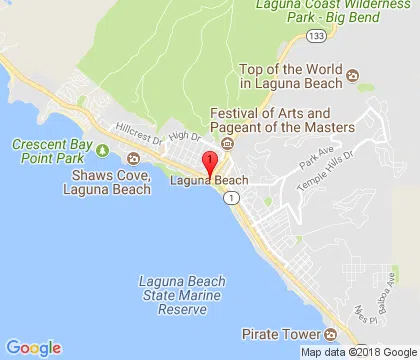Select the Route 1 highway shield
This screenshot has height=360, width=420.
coord(232,199)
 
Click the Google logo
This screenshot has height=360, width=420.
coord(33,348)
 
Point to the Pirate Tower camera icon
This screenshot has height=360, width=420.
coord(330,333)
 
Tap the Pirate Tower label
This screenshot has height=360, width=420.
coord(282,333)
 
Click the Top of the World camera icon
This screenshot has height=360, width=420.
coord(366,76)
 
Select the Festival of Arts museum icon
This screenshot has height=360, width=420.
coord(228,144)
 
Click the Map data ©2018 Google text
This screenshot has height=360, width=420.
coord(355,352)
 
